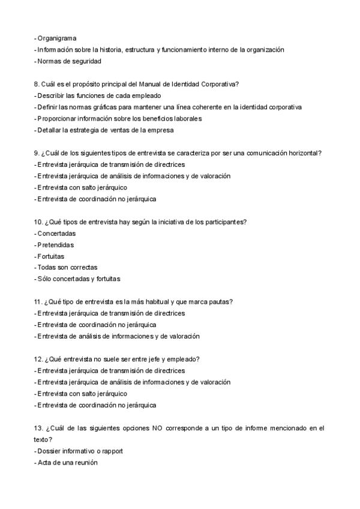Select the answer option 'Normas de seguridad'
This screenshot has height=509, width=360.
click(69, 61)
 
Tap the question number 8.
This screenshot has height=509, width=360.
click(37, 84)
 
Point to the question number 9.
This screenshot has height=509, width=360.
click(37, 153)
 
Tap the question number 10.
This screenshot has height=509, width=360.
click(38, 221)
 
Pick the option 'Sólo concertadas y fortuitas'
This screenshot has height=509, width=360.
click(79, 279)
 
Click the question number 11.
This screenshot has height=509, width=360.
click(38, 301)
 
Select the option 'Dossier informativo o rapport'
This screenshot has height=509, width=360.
click(82, 451)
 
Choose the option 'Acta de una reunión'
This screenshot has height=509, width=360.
click(67, 462)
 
